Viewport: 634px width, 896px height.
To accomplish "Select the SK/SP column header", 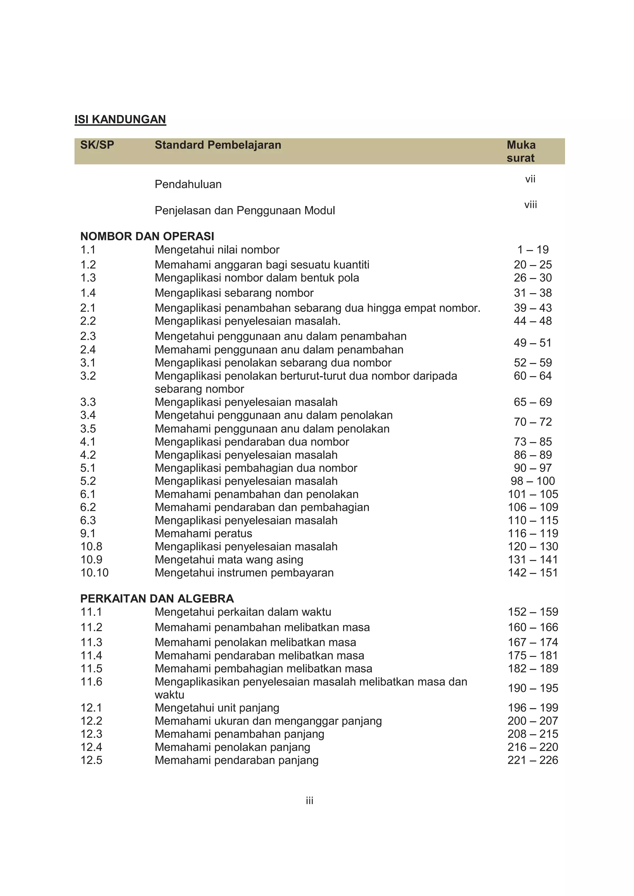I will click(x=97, y=145).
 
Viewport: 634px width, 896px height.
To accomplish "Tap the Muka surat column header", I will click(x=521, y=151).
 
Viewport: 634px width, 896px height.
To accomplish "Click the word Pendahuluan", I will click(x=188, y=184).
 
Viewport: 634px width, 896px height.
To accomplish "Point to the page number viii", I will click(x=531, y=204).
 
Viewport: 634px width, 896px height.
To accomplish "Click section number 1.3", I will click(x=88, y=277).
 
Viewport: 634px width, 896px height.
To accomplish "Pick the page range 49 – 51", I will click(x=532, y=343).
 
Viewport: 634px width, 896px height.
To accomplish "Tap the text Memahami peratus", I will click(x=203, y=533).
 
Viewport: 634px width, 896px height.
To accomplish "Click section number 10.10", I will click(x=94, y=572).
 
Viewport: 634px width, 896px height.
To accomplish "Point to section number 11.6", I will click(x=91, y=681).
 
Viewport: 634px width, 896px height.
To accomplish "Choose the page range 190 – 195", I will click(x=532, y=688).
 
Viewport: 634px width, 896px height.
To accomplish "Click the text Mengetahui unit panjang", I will click(x=217, y=708).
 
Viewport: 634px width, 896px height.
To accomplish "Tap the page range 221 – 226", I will click(x=532, y=760).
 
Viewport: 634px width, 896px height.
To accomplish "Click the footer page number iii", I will click(x=309, y=801).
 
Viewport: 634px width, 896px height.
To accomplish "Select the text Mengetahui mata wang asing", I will click(x=228, y=559).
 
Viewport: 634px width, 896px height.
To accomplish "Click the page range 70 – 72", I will click(x=532, y=422).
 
